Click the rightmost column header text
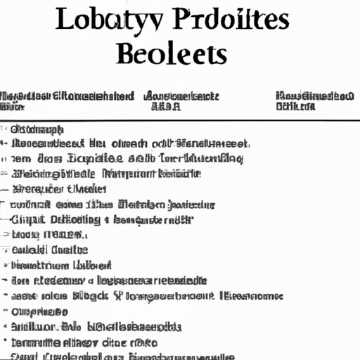pos(314,101)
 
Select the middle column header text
pos(181,101)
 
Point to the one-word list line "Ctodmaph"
pos(38,129)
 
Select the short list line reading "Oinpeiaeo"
pos(40,311)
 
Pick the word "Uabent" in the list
pos(91,265)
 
